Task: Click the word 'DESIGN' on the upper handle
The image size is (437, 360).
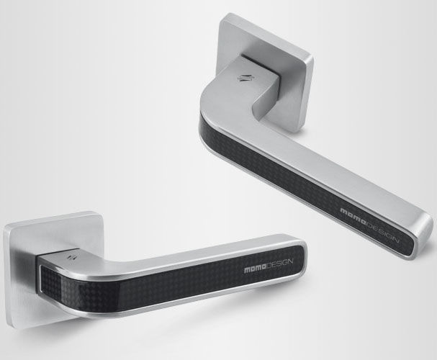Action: click(x=381, y=225)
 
